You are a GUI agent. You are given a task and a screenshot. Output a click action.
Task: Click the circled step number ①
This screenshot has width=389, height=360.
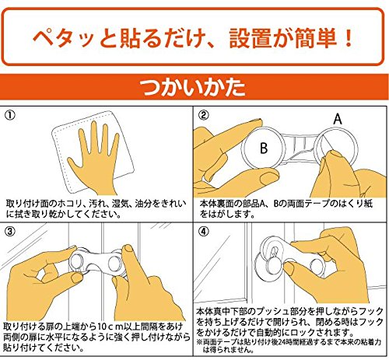point(10,115)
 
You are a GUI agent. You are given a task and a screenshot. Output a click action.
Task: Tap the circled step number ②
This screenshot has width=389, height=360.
point(204,115)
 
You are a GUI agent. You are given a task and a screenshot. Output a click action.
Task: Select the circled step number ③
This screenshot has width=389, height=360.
point(10,232)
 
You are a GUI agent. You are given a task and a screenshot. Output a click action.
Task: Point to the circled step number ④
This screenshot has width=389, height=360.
point(204,232)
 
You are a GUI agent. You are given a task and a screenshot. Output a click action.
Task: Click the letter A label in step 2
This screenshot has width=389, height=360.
point(338,119)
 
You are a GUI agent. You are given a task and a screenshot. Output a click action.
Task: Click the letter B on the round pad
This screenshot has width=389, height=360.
point(264,148)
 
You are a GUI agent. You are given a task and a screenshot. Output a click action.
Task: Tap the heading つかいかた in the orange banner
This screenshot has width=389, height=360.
point(192,87)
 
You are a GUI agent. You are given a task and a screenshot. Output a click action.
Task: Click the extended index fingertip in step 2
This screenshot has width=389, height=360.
point(257,121)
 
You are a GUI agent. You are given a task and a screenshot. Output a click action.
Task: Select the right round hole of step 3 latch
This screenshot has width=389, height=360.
point(114,264)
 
